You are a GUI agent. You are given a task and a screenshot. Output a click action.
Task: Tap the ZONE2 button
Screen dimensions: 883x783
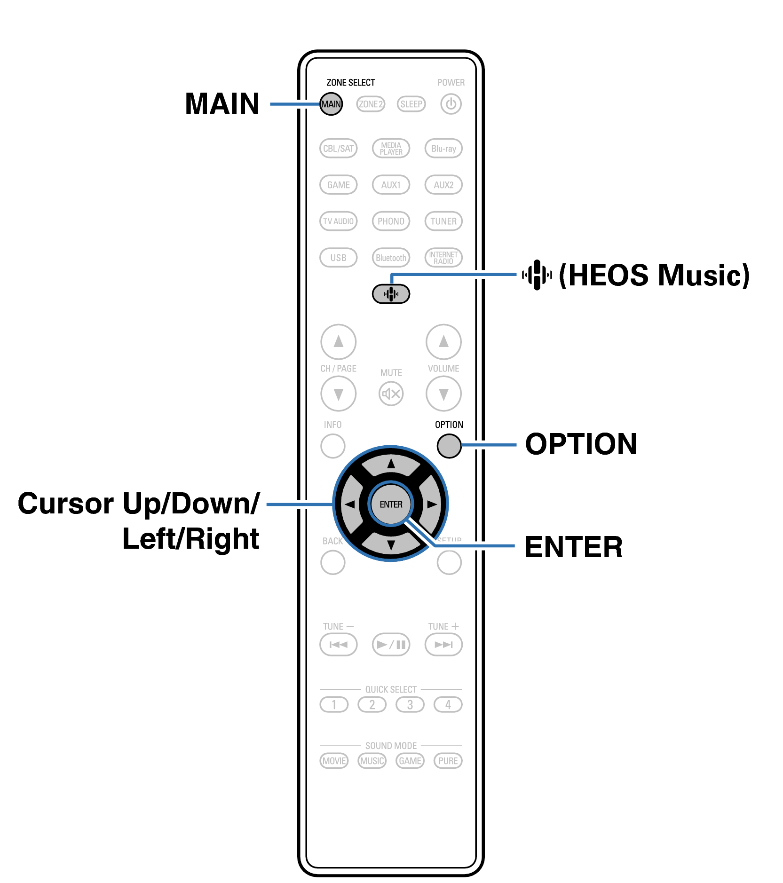click(371, 104)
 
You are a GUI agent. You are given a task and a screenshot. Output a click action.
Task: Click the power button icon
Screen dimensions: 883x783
click(451, 104)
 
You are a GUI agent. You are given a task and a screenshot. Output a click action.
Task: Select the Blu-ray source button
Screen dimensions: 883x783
click(443, 149)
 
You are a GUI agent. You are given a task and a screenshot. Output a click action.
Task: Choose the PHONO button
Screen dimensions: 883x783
click(391, 221)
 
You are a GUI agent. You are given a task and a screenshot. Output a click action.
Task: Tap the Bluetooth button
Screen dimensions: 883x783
click(391, 258)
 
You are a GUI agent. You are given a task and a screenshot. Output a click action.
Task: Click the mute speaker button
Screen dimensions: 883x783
click(391, 394)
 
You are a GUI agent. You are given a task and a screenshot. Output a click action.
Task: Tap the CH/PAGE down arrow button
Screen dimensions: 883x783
click(338, 394)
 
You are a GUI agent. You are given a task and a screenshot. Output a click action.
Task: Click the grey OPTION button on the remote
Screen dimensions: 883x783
click(449, 446)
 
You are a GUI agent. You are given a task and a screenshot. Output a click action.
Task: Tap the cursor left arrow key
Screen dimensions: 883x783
click(350, 505)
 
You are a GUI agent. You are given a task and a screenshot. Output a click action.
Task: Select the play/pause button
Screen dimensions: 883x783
click(391, 644)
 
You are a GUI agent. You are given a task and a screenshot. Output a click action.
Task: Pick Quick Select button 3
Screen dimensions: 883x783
click(410, 704)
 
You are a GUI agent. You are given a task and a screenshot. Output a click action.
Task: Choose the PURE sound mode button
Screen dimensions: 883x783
click(448, 761)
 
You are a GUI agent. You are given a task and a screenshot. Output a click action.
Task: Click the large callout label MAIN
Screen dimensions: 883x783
click(222, 104)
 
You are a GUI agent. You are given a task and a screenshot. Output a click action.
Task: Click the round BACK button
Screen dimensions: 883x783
click(332, 562)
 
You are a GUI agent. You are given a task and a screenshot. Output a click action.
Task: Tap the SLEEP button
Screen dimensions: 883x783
click(411, 104)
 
